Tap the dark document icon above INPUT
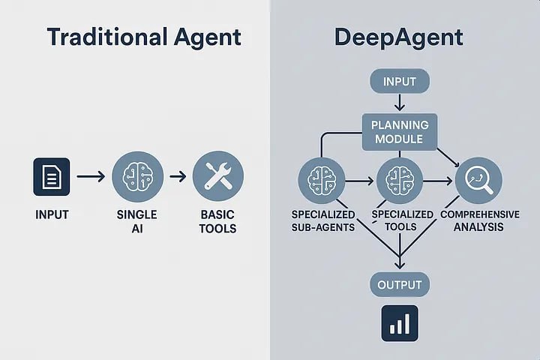tap(51, 177)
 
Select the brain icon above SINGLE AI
tap(137, 177)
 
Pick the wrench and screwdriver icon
tap(217, 177)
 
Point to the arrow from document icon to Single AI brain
tap(91, 177)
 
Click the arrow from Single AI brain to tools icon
tap(178, 177)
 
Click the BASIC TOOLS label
tap(217, 221)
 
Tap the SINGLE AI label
tap(137, 221)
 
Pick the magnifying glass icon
tap(478, 180)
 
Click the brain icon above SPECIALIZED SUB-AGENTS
tap(321, 181)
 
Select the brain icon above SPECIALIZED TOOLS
tap(398, 181)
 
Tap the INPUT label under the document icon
tap(52, 215)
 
